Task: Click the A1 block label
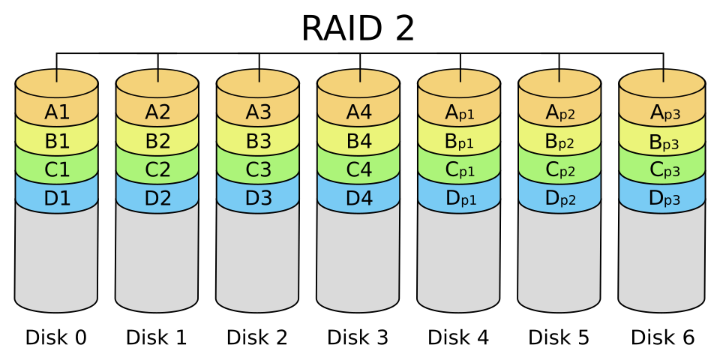57,112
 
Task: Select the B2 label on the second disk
157,141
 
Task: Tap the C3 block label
258,169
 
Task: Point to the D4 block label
358,199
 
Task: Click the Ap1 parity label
460,113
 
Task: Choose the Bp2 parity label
560,142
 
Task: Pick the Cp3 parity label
661,170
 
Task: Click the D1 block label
57,199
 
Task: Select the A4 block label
358,112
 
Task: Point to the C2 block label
157,169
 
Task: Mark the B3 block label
258,141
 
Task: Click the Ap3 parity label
661,113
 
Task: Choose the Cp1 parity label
460,170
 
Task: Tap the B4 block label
358,141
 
